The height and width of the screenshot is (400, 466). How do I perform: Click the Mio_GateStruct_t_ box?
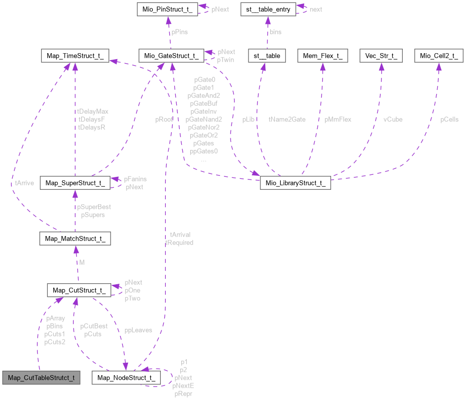click(171, 56)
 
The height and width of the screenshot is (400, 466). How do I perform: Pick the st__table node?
click(267, 56)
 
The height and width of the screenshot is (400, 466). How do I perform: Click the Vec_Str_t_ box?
click(381, 56)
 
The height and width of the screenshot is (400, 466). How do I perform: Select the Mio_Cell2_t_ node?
click(439, 56)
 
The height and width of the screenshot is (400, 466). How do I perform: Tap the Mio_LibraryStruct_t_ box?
click(295, 183)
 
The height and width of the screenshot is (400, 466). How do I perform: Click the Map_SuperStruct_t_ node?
click(75, 183)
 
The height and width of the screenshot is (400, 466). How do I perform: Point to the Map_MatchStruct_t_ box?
click(75, 239)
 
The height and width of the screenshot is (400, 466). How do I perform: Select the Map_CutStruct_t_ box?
click(79, 290)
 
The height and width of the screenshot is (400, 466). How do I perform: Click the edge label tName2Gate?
click(287, 119)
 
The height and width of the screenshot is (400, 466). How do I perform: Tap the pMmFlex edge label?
click(338, 119)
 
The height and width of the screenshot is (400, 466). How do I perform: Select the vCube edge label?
click(393, 119)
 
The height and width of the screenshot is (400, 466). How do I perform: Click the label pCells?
click(450, 119)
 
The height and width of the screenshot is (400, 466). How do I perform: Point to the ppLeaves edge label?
click(138, 330)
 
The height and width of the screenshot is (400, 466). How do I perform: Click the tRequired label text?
click(179, 242)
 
